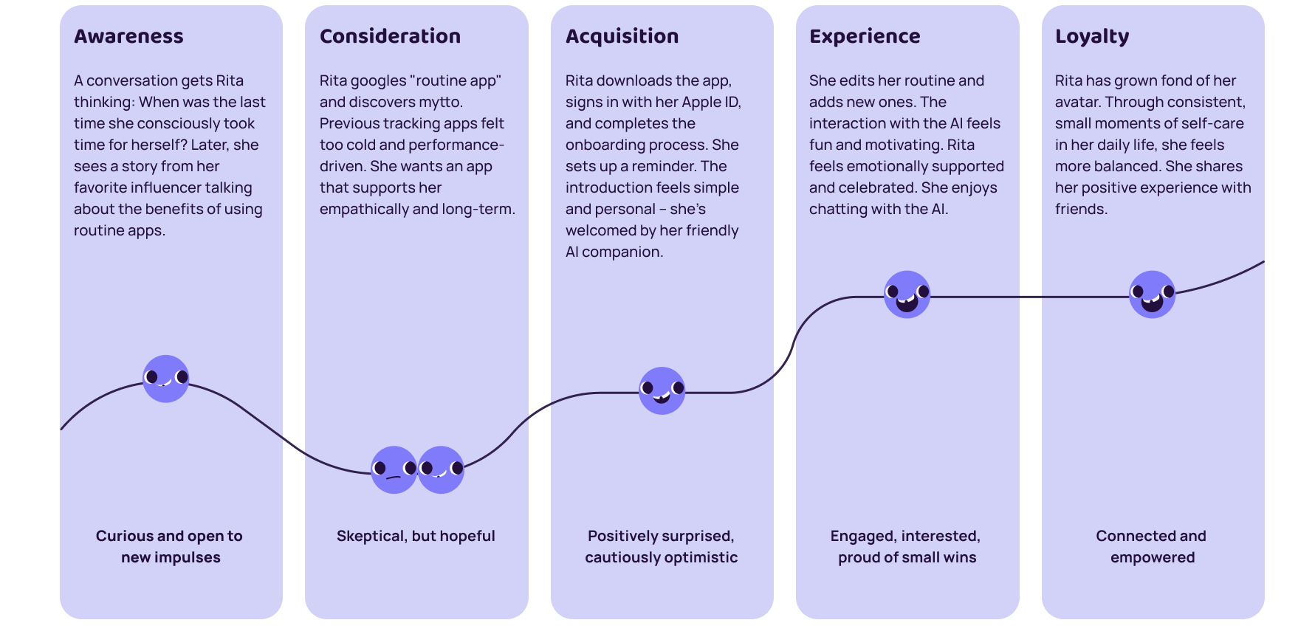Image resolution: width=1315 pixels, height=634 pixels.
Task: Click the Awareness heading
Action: [128, 36]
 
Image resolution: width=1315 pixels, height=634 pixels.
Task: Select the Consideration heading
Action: [390, 36]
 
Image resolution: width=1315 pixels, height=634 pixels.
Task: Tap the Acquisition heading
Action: [622, 36]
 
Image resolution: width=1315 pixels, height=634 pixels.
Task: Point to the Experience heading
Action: [865, 36]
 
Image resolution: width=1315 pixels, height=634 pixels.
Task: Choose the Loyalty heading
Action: [1092, 36]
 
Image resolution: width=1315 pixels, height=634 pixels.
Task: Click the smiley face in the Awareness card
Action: [165, 379]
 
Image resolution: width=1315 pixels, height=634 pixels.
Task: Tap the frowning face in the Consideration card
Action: [394, 469]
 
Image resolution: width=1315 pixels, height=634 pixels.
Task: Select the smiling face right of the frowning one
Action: [441, 469]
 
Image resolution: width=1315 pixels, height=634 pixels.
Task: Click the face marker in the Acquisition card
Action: [662, 390]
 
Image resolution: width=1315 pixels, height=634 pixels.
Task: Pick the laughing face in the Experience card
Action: [907, 294]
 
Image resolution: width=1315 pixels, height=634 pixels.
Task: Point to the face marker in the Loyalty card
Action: [1152, 294]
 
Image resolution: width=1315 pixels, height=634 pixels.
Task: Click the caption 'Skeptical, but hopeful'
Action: [416, 536]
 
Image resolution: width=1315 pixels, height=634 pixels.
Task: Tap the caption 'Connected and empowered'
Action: [1152, 546]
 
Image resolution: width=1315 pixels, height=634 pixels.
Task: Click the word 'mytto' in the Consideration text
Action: [440, 102]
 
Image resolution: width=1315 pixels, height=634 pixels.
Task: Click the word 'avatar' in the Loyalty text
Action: [1077, 102]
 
